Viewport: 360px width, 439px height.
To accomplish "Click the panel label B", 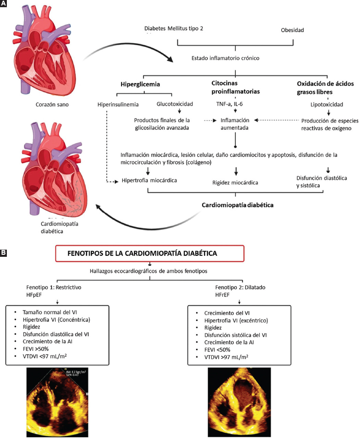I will tap(4, 253).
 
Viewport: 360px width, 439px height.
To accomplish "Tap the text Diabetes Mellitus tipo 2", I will tap(174, 28).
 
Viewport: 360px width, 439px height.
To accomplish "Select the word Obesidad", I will tap(292, 30).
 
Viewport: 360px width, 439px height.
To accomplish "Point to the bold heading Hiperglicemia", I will tap(140, 84).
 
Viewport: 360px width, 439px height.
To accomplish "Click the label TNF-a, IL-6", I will tap(229, 104).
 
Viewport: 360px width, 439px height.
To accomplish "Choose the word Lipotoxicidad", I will tap(326, 104).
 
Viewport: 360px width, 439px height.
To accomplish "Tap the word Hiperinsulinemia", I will tap(118, 104).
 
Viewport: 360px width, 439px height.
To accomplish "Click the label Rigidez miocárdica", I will tap(235, 183).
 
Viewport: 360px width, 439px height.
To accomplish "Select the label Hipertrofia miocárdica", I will tap(149, 180).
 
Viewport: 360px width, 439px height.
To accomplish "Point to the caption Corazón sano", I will tap(52, 104).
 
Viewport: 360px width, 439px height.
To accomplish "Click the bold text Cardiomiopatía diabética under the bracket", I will tap(237, 205).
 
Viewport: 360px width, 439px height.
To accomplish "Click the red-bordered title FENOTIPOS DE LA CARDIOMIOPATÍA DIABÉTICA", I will tap(150, 253).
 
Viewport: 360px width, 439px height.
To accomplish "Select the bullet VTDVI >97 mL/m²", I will tap(226, 357).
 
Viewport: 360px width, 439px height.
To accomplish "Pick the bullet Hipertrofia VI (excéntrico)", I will tap(236, 321).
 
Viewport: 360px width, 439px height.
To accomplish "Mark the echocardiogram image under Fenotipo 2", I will tap(239, 402).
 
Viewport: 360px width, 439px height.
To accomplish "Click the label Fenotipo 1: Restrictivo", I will tap(54, 287).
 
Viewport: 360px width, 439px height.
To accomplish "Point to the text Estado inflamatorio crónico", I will tap(225, 58).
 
